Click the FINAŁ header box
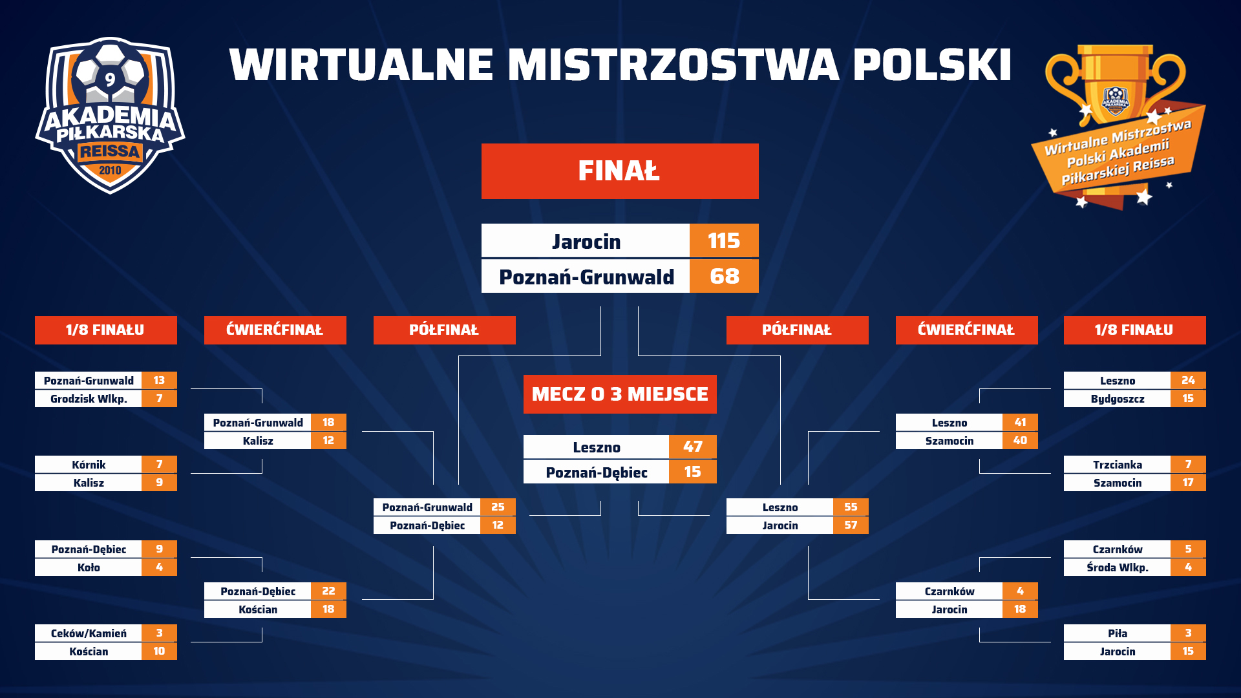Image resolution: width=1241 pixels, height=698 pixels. coord(620,171)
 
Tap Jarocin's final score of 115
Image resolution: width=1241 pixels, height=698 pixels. coord(724,241)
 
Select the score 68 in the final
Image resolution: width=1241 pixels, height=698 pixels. coord(724,276)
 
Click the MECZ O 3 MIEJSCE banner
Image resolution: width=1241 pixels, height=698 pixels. coord(620,394)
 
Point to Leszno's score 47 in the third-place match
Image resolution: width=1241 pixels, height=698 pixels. coord(692,447)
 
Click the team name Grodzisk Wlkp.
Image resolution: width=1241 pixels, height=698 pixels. coord(89,399)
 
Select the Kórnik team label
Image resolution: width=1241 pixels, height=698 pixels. coord(89,465)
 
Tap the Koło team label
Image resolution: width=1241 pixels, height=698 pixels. coord(89,567)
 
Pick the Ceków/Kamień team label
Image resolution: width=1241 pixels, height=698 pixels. coord(89,633)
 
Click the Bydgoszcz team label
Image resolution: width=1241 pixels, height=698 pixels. coord(1118,399)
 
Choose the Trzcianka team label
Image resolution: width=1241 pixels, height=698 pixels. coord(1118,465)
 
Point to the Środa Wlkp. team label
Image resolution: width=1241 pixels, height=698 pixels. coord(1118,567)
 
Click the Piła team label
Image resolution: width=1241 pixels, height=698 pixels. coord(1118,633)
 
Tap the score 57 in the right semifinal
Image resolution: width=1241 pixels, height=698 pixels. coord(851,525)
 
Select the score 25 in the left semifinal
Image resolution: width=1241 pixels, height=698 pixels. coord(498,507)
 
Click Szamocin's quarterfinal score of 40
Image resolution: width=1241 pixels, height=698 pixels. coord(1020,440)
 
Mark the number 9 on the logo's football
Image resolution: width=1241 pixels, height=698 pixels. coord(110,79)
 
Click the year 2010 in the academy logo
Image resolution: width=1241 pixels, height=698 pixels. coord(110,170)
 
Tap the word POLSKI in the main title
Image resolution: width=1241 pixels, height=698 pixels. coord(932,65)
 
